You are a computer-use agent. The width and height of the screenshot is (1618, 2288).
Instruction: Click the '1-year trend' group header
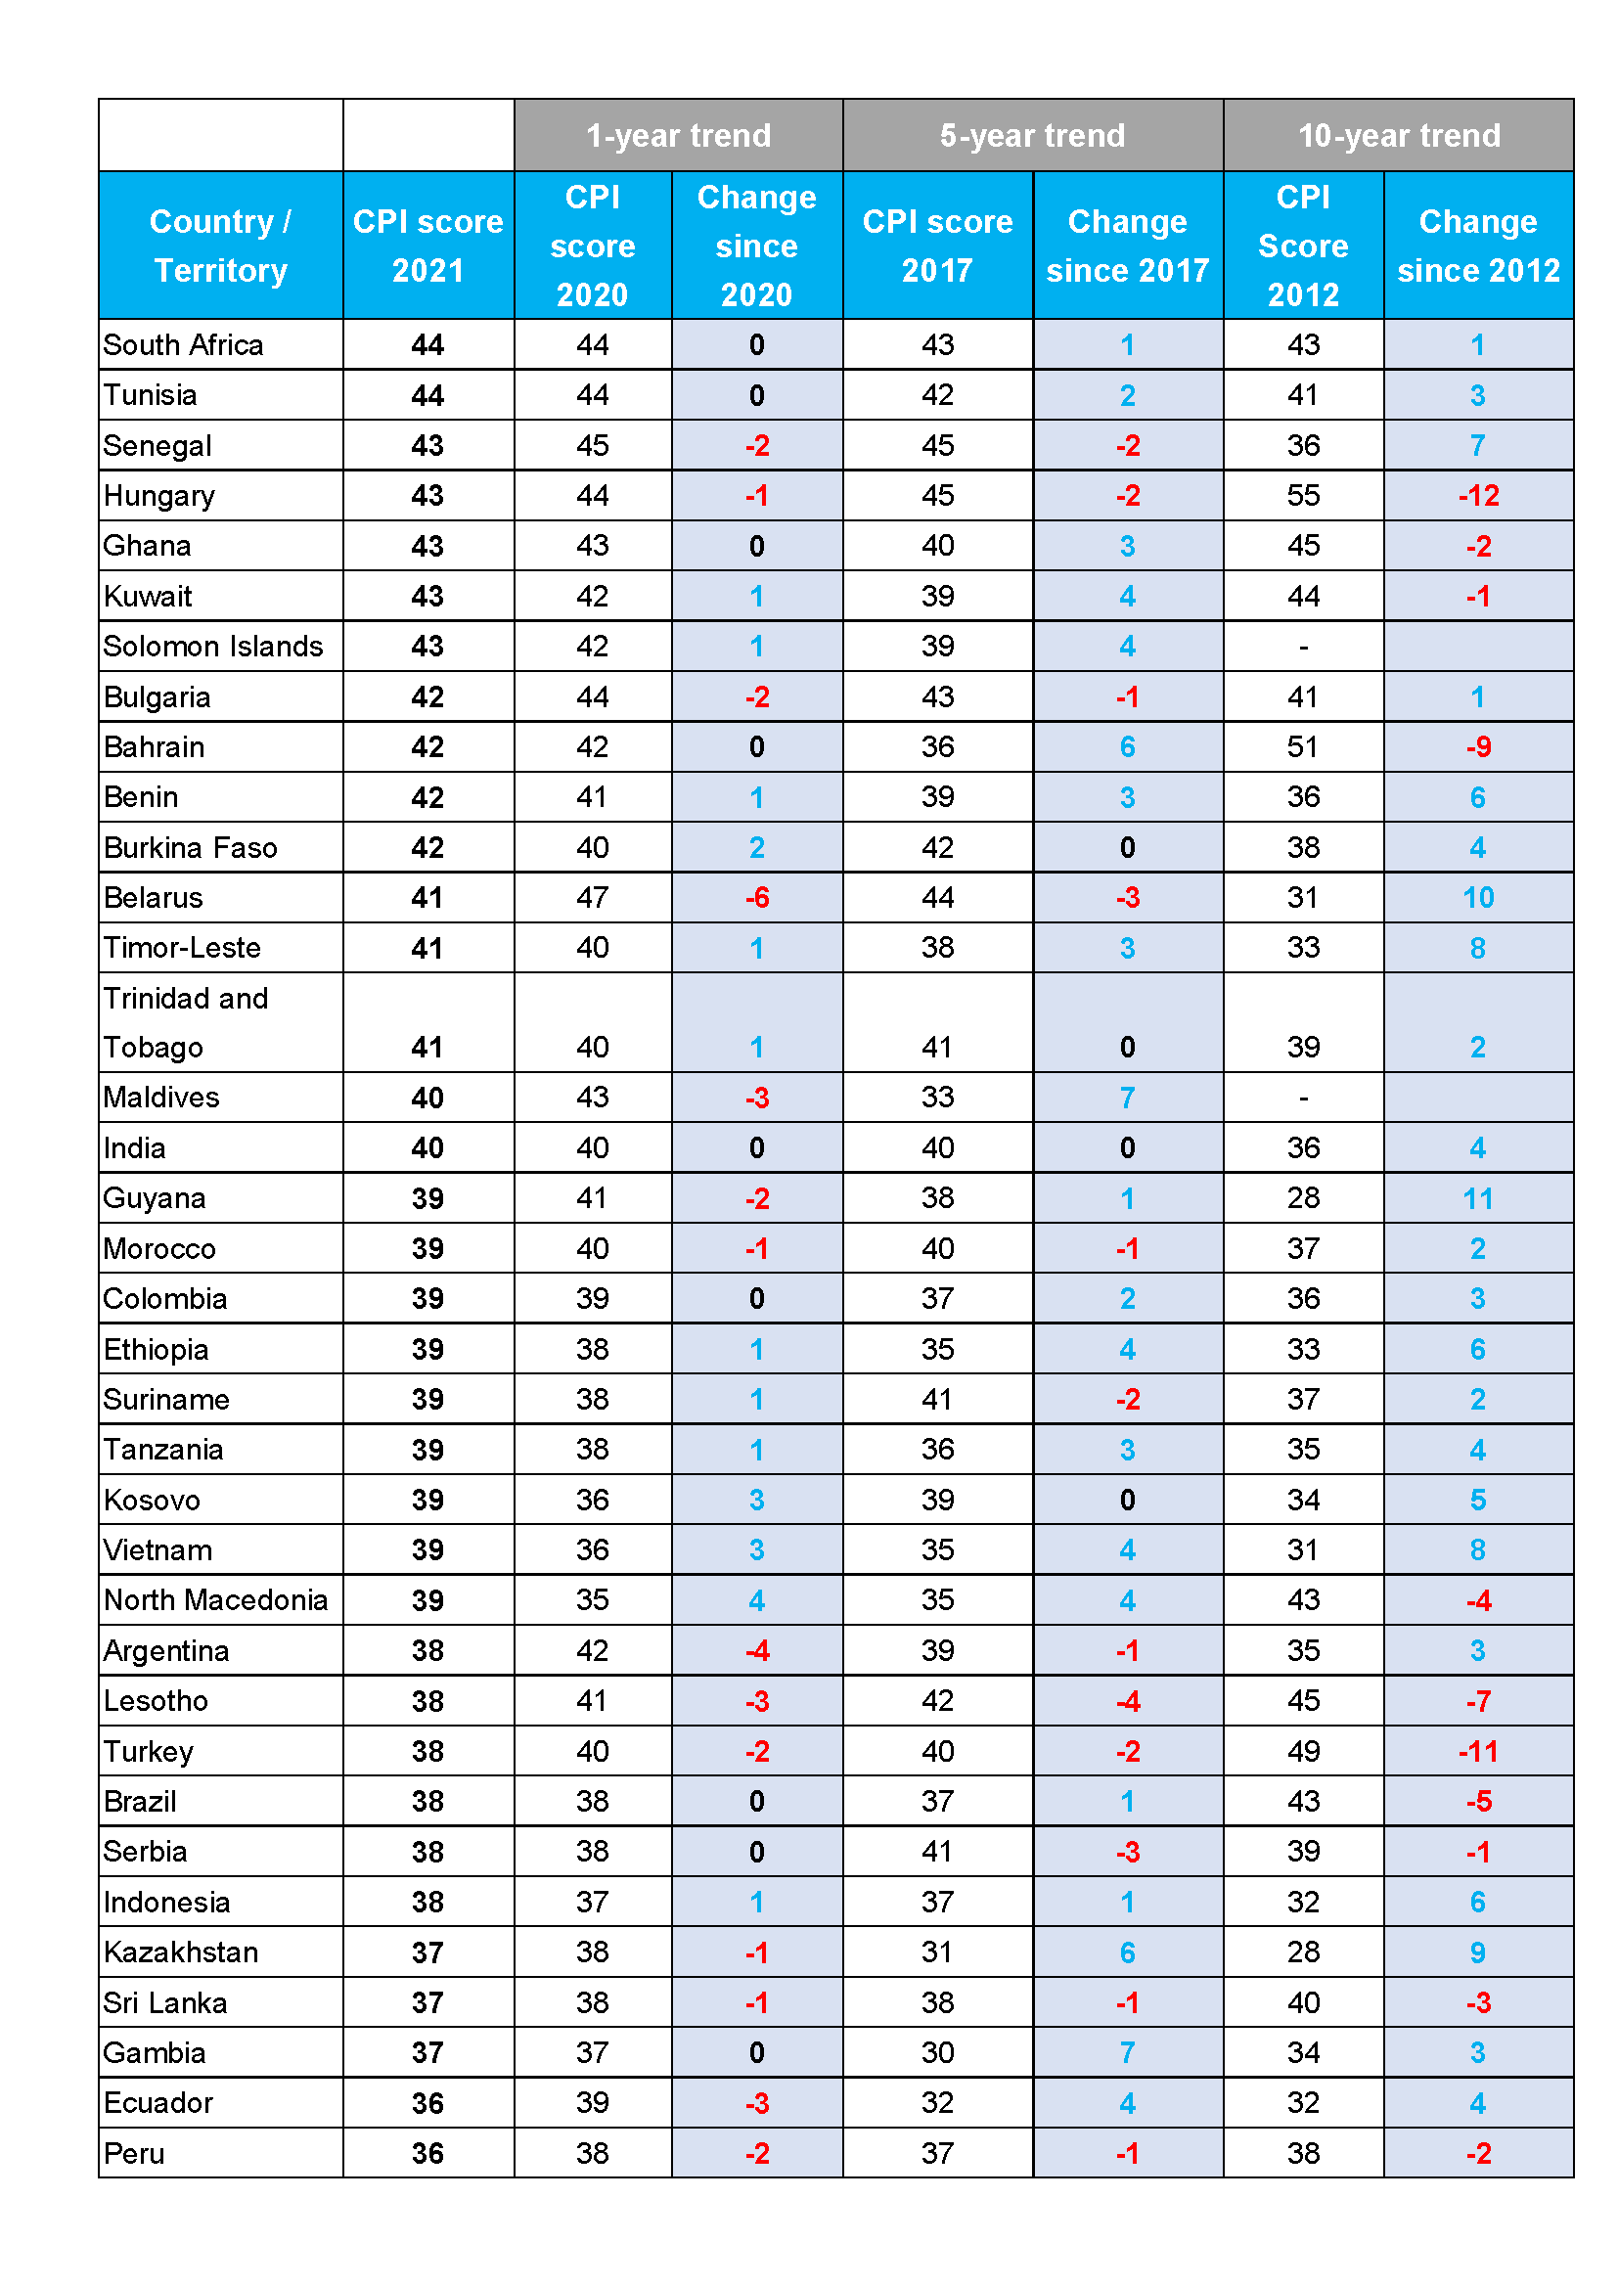pos(679,136)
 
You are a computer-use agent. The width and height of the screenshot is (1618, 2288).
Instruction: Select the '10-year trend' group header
pos(1399,136)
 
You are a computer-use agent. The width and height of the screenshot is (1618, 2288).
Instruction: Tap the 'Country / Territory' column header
pos(220,246)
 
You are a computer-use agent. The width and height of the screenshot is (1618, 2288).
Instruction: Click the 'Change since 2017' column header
pos(1127,246)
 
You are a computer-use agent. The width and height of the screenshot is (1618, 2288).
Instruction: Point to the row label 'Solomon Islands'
pos(213,647)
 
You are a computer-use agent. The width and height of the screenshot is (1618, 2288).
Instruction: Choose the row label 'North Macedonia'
pos(215,1600)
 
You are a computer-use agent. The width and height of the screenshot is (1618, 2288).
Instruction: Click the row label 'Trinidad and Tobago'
pos(186,1022)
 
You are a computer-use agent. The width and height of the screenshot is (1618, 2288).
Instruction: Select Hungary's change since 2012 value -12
pos(1478,496)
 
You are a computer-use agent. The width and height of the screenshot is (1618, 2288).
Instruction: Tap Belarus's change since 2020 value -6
pos(757,898)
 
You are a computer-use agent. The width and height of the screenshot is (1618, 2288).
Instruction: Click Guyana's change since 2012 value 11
pos(1478,1199)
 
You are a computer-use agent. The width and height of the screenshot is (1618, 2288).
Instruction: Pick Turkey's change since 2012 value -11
pos(1478,1752)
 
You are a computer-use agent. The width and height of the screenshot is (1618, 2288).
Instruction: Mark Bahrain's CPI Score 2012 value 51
pos(1303,747)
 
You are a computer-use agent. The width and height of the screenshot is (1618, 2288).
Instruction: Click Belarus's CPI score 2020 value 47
pos(593,898)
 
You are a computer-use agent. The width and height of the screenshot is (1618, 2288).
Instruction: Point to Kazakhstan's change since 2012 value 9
pos(1478,1952)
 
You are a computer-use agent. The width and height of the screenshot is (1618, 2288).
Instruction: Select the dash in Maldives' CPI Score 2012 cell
pos(1303,1099)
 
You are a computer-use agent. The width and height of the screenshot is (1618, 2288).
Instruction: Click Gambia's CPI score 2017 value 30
pos(937,2053)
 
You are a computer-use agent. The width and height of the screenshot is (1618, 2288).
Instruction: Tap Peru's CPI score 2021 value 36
pos(428,2153)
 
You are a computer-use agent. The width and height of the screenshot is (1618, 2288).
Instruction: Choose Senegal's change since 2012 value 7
pos(1478,445)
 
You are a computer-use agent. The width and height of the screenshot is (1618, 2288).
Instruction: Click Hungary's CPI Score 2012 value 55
pos(1303,496)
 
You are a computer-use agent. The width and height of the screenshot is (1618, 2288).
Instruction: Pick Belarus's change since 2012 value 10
pos(1478,898)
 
